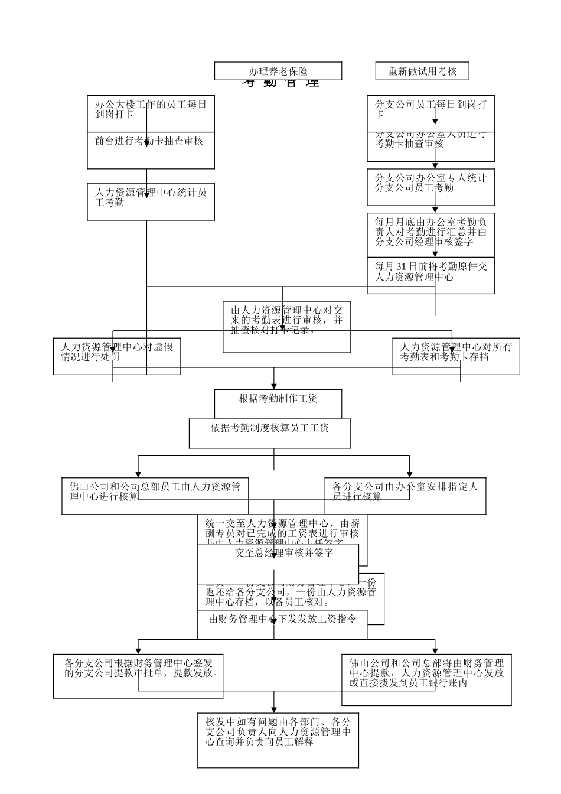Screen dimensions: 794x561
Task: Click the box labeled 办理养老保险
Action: pos(278,71)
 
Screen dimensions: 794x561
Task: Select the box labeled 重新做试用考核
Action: pos(422,71)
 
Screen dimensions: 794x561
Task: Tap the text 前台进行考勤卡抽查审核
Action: pos(149,142)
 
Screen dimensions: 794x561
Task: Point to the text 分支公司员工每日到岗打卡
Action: pos(430,109)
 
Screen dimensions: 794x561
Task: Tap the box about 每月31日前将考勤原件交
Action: pos(430,272)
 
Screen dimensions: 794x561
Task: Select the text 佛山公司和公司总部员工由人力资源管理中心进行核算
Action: pos(155,492)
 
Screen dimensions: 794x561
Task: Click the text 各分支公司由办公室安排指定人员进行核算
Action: pos(405,492)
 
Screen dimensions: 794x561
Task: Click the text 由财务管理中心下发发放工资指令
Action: pos(282,620)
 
